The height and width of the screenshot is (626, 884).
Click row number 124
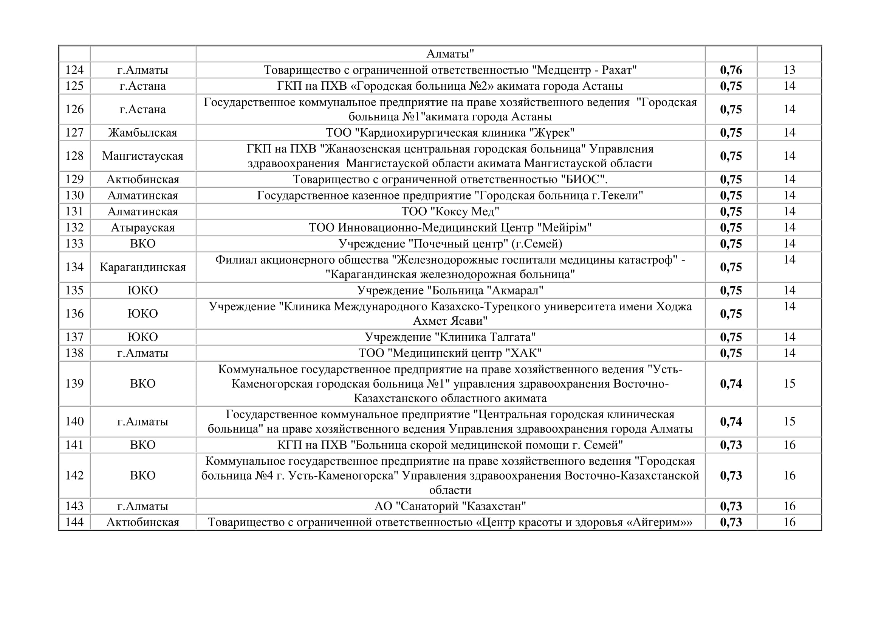74,70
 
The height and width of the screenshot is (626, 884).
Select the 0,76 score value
731,70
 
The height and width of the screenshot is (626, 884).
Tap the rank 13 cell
789,70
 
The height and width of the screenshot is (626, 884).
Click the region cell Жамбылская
142,132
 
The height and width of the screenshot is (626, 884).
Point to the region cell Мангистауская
142,156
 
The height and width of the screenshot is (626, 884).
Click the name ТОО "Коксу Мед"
450,211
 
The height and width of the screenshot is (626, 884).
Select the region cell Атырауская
142,227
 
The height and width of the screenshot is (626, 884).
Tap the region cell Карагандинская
142,267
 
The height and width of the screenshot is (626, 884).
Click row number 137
74,337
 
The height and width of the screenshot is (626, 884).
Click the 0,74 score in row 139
731,383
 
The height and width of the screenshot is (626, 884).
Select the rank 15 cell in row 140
789,421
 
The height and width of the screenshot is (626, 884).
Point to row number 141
74,445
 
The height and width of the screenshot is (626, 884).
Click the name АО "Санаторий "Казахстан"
450,506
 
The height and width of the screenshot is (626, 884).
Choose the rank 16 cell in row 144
789,522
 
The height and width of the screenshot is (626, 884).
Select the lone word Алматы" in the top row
450,54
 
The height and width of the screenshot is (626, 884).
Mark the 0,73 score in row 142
731,475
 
